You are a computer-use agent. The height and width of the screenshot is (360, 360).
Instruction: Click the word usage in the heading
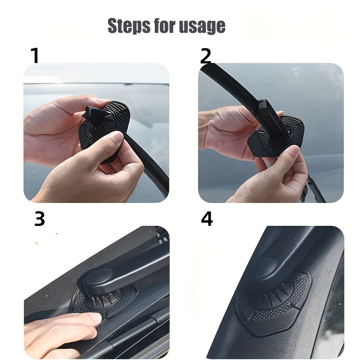click(x=202, y=27)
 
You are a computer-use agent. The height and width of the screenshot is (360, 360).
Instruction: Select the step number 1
click(x=35, y=56)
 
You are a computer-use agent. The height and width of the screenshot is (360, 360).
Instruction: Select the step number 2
click(x=205, y=56)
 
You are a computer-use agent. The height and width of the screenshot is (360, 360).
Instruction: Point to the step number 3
click(x=40, y=219)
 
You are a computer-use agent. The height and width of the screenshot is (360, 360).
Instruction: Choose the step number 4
click(x=207, y=219)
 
